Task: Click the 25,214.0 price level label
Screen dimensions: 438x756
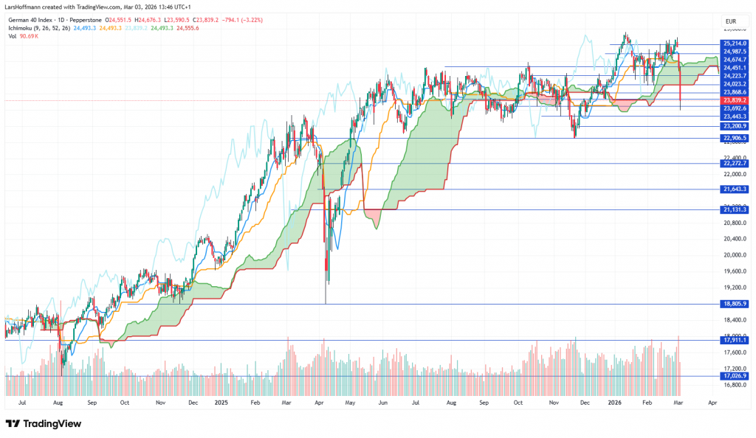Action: click(x=735, y=44)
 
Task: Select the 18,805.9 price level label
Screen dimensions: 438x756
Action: click(x=735, y=304)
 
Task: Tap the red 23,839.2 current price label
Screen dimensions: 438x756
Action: click(x=735, y=100)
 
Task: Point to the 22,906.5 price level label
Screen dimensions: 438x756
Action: click(x=735, y=138)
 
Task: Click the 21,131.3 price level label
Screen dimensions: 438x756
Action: click(x=735, y=209)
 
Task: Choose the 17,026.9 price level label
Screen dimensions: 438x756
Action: click(x=735, y=376)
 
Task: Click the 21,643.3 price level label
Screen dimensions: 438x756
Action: click(x=735, y=190)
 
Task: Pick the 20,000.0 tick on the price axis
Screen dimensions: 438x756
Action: click(x=735, y=255)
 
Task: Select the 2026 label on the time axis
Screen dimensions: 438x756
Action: click(x=614, y=404)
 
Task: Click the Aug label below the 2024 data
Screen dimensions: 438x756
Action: click(x=58, y=404)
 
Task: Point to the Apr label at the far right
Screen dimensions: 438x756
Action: click(x=712, y=404)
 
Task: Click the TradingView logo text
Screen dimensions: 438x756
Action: click(x=47, y=424)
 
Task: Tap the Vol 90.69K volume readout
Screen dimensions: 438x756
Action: click(x=22, y=35)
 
